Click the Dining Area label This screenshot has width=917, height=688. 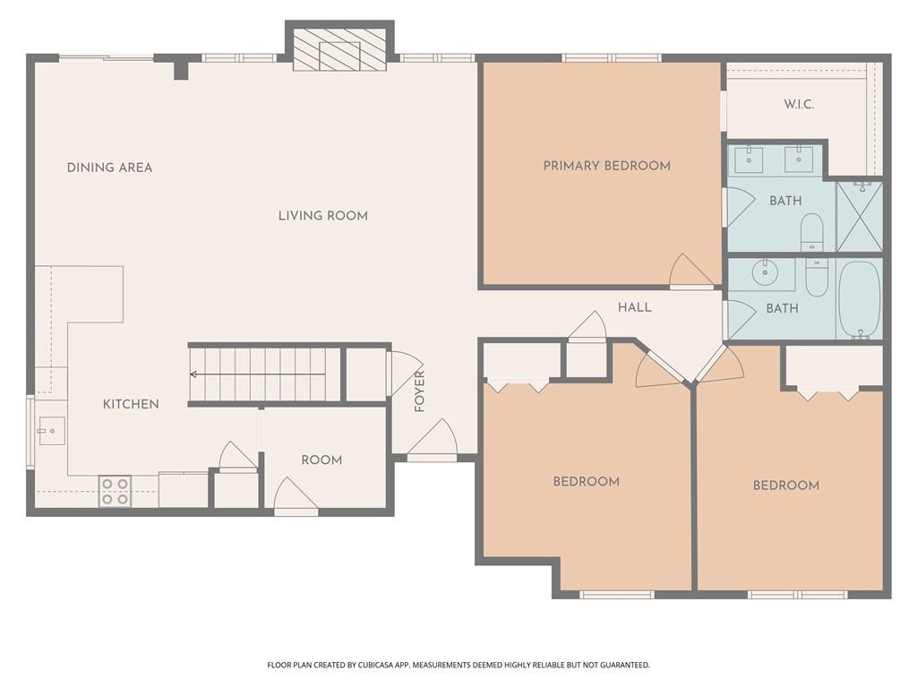coord(109,168)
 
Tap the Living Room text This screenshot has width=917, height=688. coord(322,216)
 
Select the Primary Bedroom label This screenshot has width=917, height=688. coord(606,166)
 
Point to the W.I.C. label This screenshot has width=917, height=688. coord(798,105)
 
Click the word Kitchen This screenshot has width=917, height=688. coord(131,404)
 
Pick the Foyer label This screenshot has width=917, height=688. coord(419,391)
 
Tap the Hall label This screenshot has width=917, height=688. coord(635,307)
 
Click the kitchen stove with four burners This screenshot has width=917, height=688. coord(115,492)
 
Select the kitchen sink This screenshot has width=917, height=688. coord(51,431)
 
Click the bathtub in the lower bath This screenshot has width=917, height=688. coord(859,299)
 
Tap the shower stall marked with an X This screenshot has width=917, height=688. coord(859,217)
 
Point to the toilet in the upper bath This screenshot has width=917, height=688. coord(811,232)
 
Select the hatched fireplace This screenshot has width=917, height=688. coord(339,49)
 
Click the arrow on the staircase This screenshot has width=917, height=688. coord(258,374)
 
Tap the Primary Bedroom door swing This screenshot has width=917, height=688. coord(691,271)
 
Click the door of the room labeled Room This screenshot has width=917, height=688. coord(296,496)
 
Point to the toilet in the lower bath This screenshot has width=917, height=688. coord(817,278)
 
